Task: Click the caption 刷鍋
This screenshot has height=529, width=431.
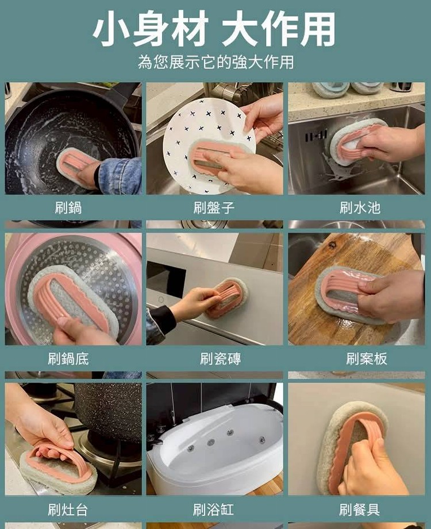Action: pos(68,207)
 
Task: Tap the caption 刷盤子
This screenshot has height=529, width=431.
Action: pos(214,207)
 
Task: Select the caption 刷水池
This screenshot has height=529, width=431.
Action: pos(360,207)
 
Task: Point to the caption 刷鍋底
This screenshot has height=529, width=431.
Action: pos(68,358)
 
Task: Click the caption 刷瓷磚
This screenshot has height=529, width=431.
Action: pos(221,358)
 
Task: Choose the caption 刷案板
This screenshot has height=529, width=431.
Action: pos(367,358)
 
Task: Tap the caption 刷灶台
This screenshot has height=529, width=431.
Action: pos(68,509)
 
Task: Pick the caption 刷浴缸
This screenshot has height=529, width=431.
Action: pos(213,509)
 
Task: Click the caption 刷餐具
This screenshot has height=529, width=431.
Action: pos(359,509)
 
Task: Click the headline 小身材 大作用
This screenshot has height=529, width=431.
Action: pos(214,29)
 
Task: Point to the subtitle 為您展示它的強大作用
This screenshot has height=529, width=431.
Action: pos(215,62)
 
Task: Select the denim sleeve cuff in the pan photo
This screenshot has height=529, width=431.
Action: pos(120,175)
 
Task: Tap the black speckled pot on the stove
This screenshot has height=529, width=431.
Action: pos(109,410)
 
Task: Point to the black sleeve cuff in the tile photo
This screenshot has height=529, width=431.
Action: pos(162,321)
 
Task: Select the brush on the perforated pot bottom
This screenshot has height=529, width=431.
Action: pos(72,302)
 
